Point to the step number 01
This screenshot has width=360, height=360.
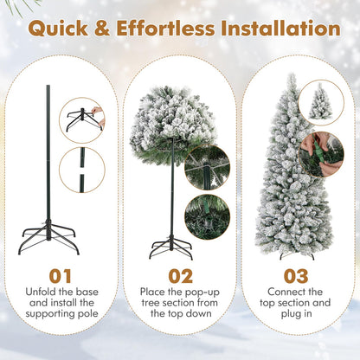click(61, 276)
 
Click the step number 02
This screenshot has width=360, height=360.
click(180, 276)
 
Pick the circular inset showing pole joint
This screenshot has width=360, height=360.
click(82, 170)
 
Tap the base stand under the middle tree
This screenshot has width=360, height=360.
click(170, 248)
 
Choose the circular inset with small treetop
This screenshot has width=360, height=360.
click(321, 102)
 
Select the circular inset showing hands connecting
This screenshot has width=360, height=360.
click(321, 153)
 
